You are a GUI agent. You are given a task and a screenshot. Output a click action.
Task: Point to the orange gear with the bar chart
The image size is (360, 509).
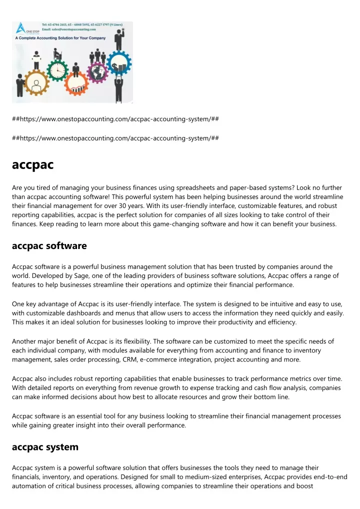point(77,85)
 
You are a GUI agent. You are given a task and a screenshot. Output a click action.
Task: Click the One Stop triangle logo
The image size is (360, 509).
point(21,28)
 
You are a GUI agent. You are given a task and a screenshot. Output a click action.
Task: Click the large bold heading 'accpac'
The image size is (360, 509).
point(32,164)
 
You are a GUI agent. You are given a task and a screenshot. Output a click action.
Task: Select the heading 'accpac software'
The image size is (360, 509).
point(49,246)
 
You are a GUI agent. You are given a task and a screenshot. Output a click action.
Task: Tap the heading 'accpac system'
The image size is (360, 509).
point(45,447)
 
